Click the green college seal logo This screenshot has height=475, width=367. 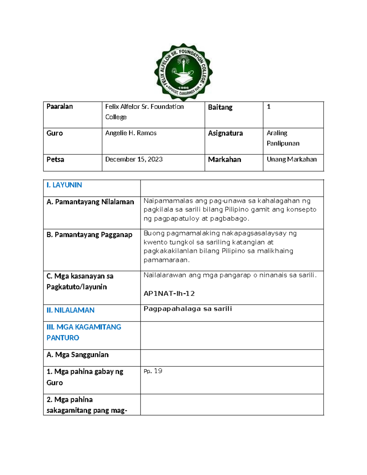click(183, 72)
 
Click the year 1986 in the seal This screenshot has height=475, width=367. click(183, 87)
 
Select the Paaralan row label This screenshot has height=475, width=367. click(60, 106)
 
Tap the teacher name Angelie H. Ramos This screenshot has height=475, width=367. click(131, 133)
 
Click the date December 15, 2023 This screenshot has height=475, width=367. click(134, 159)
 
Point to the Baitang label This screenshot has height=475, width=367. click(220, 107)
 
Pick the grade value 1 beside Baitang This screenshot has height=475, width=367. click(269, 107)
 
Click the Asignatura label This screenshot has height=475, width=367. click(225, 133)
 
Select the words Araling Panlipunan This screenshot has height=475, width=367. click(283, 138)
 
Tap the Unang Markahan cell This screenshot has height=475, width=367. click(291, 159)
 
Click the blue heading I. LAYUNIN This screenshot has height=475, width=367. click(64, 185)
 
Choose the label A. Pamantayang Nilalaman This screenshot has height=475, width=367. click(90, 202)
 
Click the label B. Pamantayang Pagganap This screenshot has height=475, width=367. click(89, 235)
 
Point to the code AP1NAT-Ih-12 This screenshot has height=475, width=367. click(169, 294)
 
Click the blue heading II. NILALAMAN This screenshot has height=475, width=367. click(70, 310)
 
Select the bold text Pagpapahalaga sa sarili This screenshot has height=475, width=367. click(188, 309)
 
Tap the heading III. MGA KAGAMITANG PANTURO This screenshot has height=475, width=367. click(84, 332)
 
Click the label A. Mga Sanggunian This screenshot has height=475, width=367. click(78, 355)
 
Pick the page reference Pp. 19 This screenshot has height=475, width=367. click(153, 371)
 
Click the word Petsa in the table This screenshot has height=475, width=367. click(55, 160)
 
